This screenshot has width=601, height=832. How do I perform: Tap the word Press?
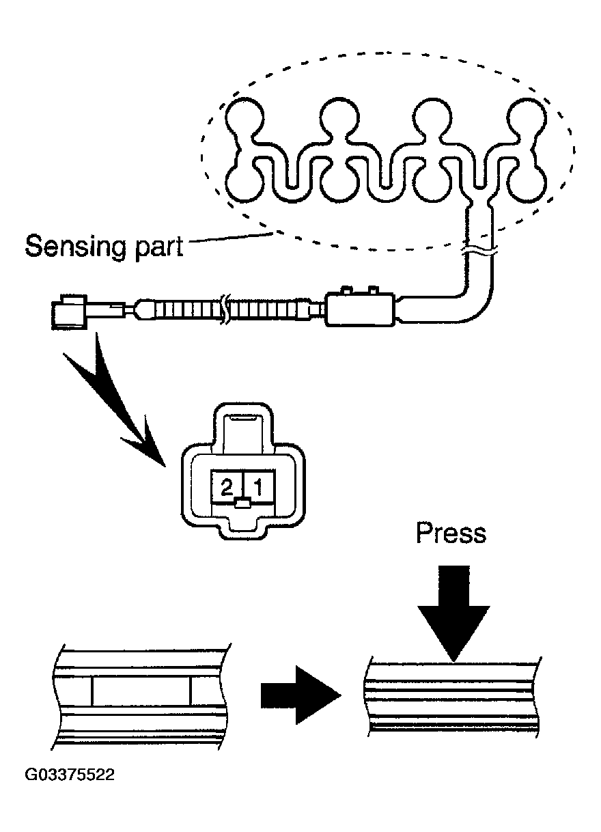(451, 533)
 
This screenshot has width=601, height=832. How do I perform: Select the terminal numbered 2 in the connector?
(227, 487)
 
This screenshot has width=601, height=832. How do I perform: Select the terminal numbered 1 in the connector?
(259, 487)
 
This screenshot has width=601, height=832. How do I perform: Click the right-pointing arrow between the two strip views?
(301, 695)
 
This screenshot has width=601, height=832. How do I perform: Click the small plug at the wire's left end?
(69, 311)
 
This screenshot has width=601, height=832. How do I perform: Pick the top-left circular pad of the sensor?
(244, 117)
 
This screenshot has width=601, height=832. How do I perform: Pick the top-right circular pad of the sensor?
(527, 117)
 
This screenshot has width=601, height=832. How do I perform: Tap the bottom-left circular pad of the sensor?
(244, 184)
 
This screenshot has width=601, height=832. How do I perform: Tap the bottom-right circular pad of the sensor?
(527, 184)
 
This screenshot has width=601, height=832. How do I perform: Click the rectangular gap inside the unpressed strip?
(141, 691)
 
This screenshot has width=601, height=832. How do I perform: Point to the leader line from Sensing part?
(231, 237)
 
